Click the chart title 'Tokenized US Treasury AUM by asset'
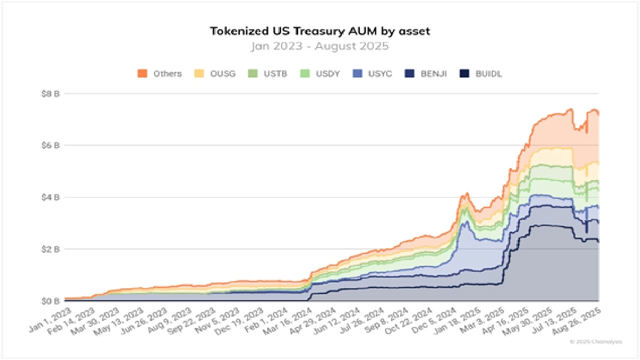(320, 31)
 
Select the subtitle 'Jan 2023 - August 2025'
(320, 46)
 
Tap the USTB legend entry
(275, 74)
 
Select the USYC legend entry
(380, 74)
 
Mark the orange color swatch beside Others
(142, 74)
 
